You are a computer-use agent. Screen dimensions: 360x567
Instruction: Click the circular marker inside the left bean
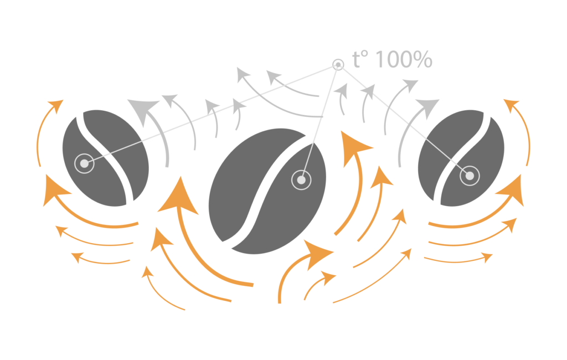point(84,163)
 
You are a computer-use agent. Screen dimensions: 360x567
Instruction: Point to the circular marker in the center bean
point(301,179)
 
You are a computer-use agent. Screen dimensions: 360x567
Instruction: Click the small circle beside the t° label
point(338,65)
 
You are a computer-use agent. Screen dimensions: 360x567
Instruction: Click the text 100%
point(404,60)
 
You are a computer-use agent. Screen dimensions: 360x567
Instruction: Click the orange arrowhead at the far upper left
point(56,105)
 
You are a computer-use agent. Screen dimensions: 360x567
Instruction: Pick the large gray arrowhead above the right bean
point(427,107)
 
